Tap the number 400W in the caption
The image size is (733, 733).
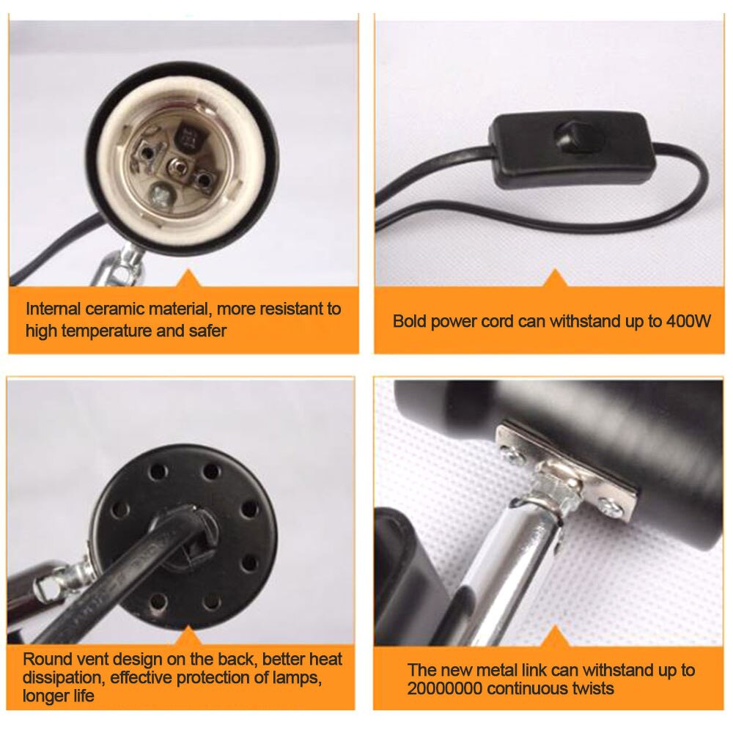tap(689, 320)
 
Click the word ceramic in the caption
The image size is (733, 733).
tap(107, 309)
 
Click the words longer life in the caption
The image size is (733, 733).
tap(59, 696)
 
